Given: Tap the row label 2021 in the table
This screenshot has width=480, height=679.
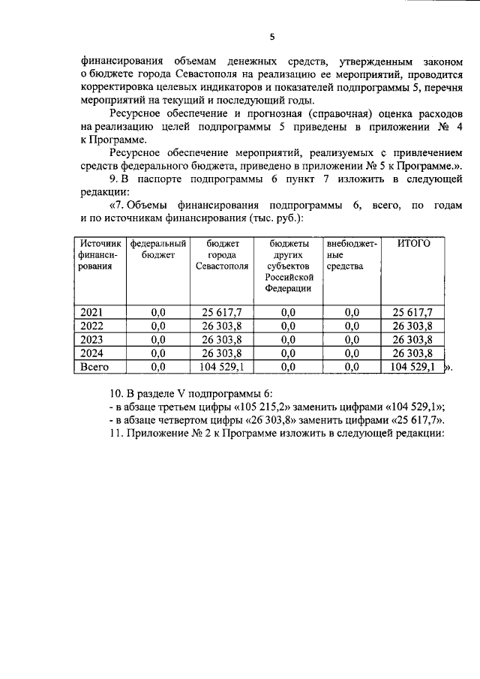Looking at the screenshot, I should click(x=91, y=312).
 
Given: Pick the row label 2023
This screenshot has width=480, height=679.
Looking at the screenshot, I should click(x=91, y=339).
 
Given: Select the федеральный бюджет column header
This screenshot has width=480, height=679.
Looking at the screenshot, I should click(x=157, y=249).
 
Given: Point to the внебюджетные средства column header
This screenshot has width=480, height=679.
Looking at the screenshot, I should click(x=351, y=255).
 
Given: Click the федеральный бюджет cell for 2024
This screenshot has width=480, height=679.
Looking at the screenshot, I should click(x=157, y=353).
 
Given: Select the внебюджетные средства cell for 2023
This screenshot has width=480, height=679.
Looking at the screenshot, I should click(x=351, y=339).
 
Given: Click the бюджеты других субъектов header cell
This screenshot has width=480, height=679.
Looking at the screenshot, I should click(x=288, y=266).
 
